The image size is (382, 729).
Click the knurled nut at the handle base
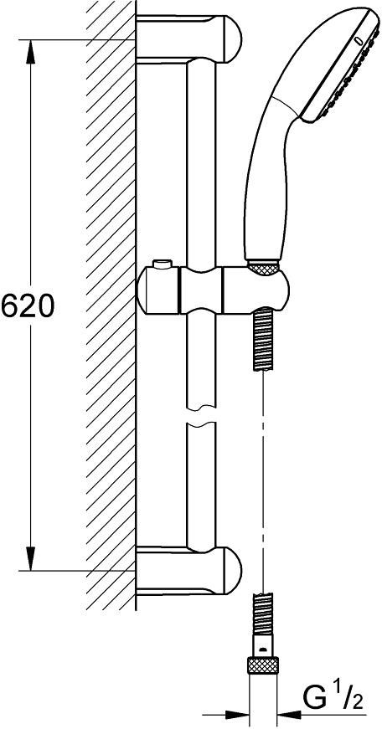coord(264,269)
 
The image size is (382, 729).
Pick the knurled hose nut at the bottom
coord(264,665)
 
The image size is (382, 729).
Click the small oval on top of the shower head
coord(359,39)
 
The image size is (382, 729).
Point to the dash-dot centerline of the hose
coord(264,469)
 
